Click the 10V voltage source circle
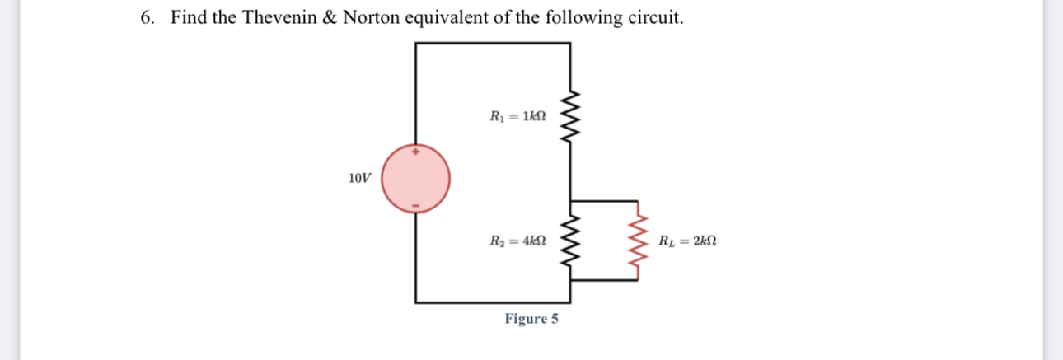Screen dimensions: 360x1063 point(415,179)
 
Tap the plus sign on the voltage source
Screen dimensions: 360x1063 point(416,152)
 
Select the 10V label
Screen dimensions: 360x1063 point(359,178)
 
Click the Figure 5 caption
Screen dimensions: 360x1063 point(531,319)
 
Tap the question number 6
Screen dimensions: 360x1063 point(147,18)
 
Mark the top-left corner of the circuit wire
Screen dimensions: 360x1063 point(416,43)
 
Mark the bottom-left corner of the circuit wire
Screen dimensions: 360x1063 point(416,302)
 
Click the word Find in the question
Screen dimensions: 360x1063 point(189,18)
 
